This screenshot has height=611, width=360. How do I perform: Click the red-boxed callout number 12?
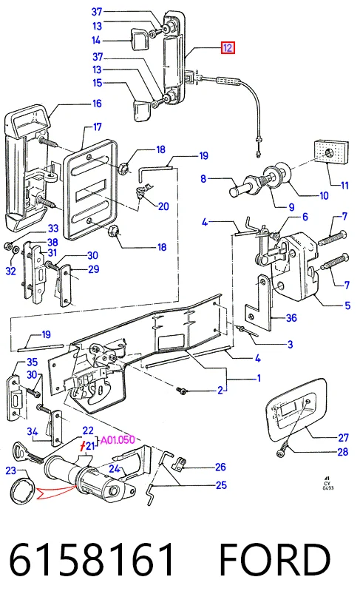click(x=228, y=48)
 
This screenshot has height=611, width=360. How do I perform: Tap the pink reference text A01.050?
click(x=118, y=440)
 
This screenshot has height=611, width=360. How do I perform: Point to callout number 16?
click(x=97, y=104)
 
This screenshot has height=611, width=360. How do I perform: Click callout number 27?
click(x=343, y=438)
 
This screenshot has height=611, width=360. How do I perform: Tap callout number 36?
click(x=291, y=318)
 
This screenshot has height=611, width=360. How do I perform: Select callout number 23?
click(x=11, y=470)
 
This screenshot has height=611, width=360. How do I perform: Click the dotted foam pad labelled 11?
click(x=330, y=152)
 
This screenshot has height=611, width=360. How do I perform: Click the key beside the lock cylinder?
click(x=28, y=454)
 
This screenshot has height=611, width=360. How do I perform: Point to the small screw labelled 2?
click(x=181, y=390)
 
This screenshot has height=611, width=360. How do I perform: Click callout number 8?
click(x=203, y=179)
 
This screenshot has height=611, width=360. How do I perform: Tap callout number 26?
click(x=220, y=467)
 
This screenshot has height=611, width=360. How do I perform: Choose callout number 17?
click(x=97, y=126)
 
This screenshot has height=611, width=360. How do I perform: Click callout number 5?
click(x=347, y=305)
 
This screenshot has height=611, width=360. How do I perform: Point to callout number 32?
click(x=10, y=270)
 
